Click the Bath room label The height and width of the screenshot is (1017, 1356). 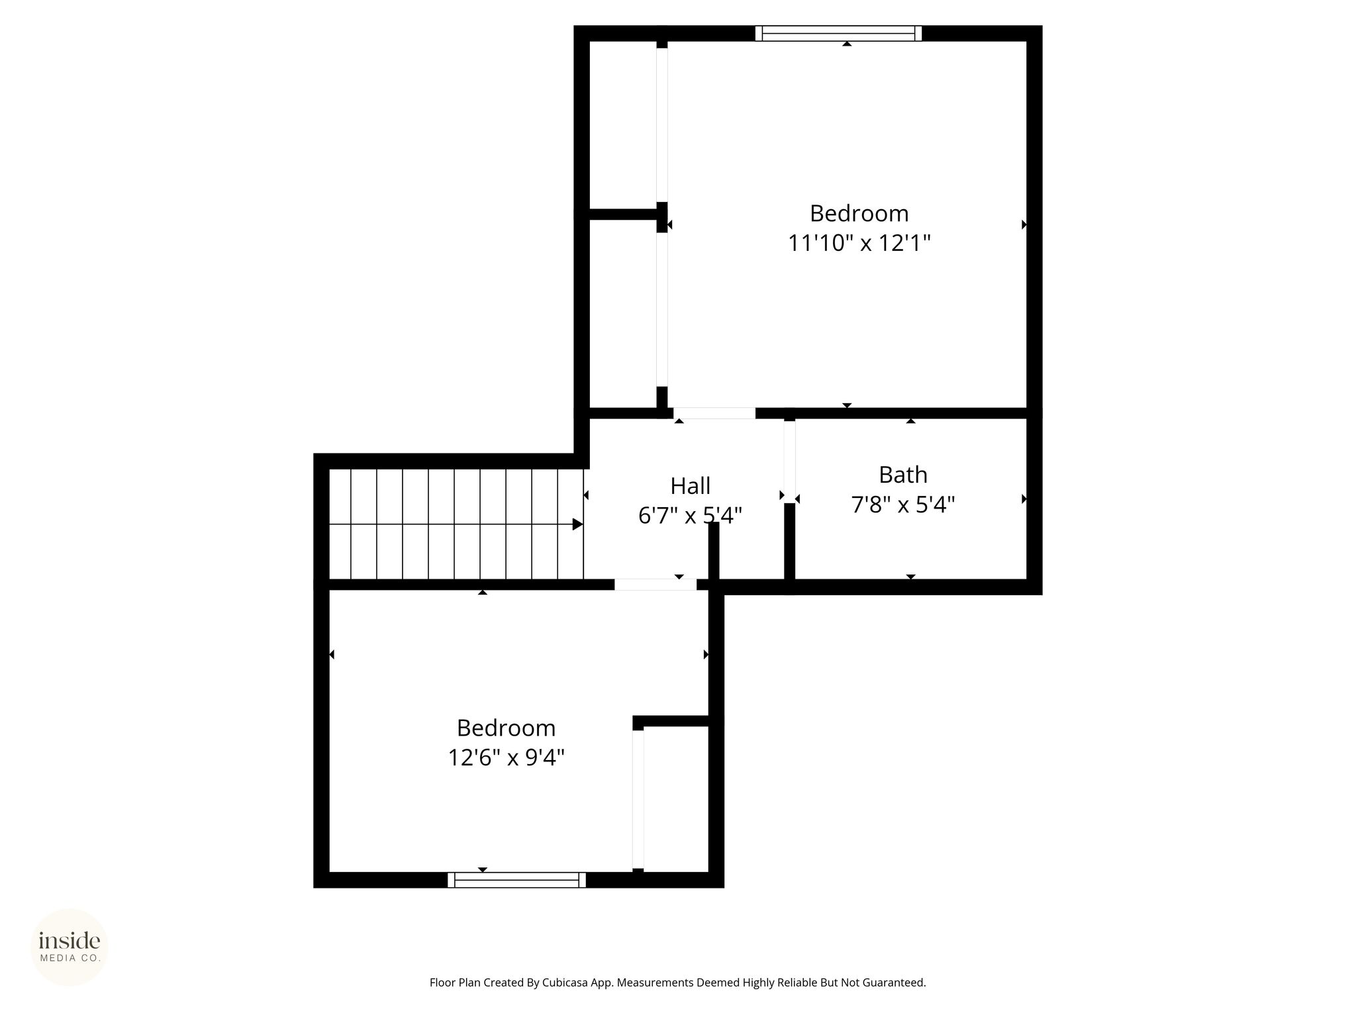[x=902, y=475]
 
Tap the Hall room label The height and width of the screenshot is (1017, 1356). [x=690, y=486]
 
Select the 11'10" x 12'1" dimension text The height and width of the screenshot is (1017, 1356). [x=859, y=243]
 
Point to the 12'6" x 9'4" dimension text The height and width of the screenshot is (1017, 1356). [x=506, y=757]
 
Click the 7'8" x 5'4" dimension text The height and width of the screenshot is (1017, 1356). [x=902, y=505]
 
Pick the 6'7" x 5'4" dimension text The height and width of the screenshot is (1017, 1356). [x=690, y=515]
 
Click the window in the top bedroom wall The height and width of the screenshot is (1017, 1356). [x=838, y=33]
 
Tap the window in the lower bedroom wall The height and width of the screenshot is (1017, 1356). [x=516, y=880]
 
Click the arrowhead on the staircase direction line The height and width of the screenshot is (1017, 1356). [x=578, y=524]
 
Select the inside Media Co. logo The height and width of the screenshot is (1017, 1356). [x=70, y=947]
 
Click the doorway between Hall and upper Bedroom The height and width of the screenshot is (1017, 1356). [x=714, y=413]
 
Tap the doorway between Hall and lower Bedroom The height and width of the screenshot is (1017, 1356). [x=655, y=585]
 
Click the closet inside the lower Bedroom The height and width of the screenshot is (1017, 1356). [x=675, y=799]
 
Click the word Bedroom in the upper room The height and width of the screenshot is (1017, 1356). [x=859, y=213]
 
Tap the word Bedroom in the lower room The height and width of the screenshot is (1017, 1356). [x=506, y=728]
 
